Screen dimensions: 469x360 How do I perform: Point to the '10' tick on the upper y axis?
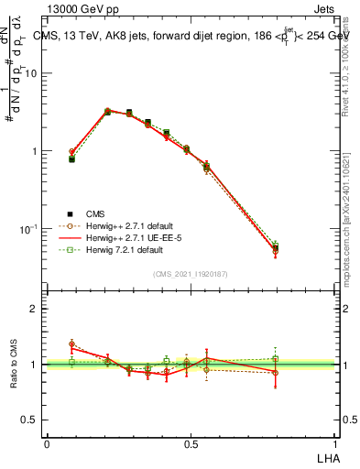(x=33, y=73)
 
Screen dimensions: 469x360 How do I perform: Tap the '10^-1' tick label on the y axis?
(x=29, y=228)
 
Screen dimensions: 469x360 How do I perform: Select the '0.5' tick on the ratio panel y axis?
(x=31, y=420)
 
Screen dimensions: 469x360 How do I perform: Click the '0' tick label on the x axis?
(x=47, y=444)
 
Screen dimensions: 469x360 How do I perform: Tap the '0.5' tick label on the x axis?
(x=191, y=444)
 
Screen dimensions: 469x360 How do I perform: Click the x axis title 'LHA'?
(x=326, y=457)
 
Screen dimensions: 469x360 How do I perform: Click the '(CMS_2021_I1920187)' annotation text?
(x=191, y=274)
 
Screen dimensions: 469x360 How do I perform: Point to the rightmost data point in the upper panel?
(x=275, y=248)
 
